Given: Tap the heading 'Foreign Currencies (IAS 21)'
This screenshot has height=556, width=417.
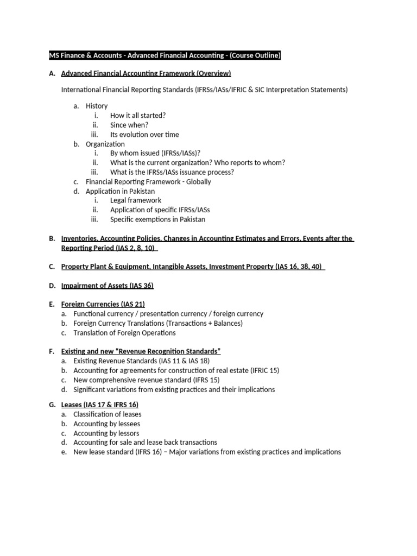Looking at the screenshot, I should (103, 304).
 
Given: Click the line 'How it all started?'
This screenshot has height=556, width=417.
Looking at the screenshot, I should (138, 116).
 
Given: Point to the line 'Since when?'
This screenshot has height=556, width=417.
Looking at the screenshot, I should (129, 125).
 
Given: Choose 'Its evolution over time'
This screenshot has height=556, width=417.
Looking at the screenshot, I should (144, 134).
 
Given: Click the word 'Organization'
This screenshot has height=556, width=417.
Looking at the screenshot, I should (105, 144).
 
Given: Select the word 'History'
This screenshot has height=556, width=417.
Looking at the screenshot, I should (97, 106).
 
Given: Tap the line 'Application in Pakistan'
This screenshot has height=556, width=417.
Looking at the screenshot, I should (120, 191).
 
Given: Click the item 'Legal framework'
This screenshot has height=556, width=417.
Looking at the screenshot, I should (136, 200).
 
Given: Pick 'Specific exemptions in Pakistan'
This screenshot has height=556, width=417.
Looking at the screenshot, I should (157, 219).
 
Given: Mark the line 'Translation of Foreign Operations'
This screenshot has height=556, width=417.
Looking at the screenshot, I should (125, 332).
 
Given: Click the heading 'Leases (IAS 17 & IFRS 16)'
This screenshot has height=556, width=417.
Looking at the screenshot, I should (100, 405).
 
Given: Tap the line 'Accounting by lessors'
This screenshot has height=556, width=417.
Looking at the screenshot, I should (106, 433).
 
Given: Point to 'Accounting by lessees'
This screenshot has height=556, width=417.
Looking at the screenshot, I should (107, 424).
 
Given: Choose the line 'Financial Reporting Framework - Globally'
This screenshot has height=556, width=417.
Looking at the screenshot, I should (148, 182).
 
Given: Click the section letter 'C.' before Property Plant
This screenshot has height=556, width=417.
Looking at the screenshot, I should (52, 267).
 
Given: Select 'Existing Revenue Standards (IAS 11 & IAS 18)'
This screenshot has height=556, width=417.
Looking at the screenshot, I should (141, 361).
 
